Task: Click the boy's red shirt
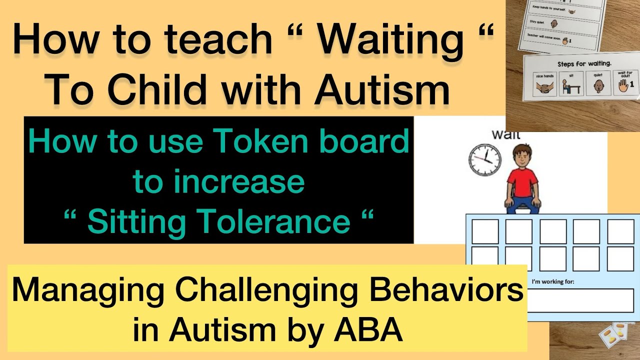pos(522,182)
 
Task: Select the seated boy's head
pos(522,155)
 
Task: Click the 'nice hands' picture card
pos(544,85)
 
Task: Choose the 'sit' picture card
pos(571,84)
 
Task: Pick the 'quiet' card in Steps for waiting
pos(599,84)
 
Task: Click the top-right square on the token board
pos(620,231)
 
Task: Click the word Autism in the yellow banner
pos(219,330)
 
